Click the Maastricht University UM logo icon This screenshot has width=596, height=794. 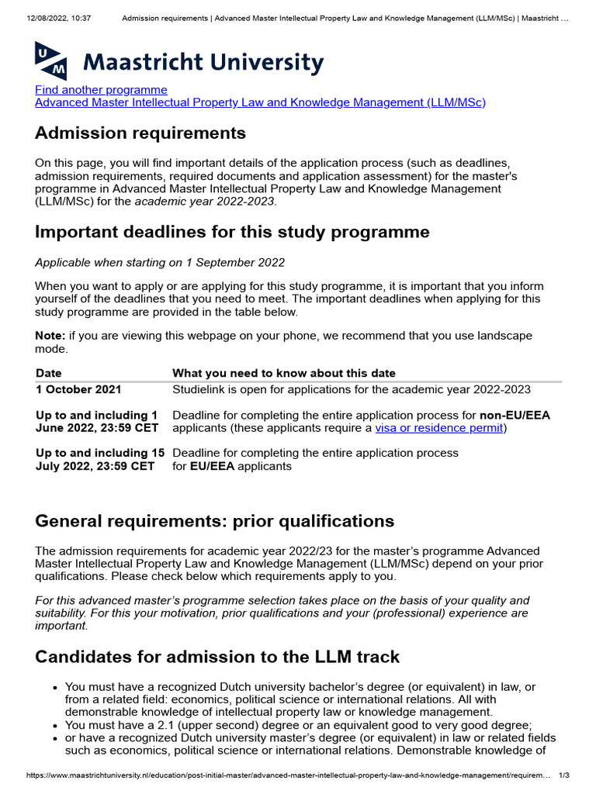pos(50,60)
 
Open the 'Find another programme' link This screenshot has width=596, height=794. pos(101,90)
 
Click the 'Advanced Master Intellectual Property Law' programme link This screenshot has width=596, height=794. pos(260,102)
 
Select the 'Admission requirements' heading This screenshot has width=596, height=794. pos(140,133)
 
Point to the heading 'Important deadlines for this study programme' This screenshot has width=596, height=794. pos(232,232)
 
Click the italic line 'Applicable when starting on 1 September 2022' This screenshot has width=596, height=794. pos(160,262)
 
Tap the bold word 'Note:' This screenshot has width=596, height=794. pos(50,335)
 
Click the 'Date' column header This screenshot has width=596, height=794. pos(49,373)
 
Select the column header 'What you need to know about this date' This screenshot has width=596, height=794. pos(283,373)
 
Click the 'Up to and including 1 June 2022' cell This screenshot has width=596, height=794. pos(97,421)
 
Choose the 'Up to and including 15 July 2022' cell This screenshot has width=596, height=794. pos(100,459)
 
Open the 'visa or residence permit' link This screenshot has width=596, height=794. pos(438,428)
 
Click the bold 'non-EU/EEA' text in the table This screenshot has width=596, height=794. pos(515,415)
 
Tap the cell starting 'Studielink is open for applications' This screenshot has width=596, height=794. pos(351,389)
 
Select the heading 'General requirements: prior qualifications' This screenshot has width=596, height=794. pos(214,521)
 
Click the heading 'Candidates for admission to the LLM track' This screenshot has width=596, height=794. pos(217,658)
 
